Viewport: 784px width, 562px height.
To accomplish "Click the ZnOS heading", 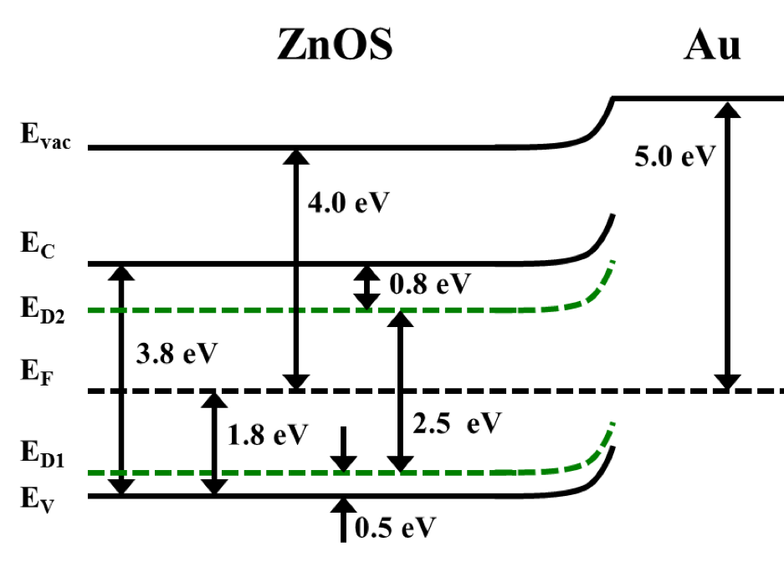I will (x=335, y=46).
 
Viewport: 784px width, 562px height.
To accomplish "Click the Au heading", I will (x=712, y=46).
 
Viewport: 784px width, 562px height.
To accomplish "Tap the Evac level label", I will (x=50, y=136).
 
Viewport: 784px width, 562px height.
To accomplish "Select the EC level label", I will (x=37, y=248).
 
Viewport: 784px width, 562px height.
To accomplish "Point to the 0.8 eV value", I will (x=430, y=284).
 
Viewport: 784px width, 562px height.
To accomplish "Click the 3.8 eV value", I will (x=176, y=352).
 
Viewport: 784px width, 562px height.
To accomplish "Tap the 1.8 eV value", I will (x=268, y=434).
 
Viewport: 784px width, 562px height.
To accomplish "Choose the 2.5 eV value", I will (x=456, y=423).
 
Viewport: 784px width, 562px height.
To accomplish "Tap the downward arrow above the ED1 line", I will (x=343, y=449).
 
